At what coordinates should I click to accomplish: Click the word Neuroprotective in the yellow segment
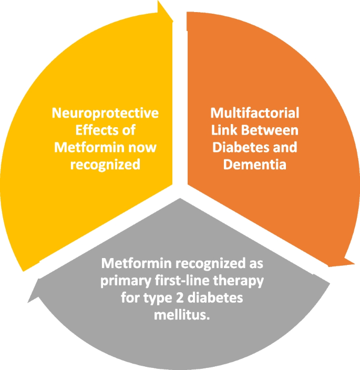(105, 114)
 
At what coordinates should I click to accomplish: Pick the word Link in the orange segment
(223, 130)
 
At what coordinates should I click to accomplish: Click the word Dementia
(254, 164)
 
